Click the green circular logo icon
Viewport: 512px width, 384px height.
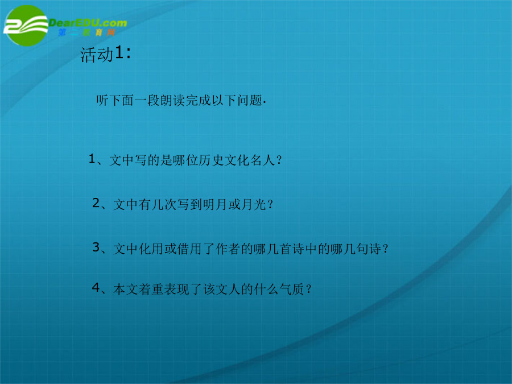click(x=26, y=26)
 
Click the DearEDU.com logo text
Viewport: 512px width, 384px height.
click(x=88, y=23)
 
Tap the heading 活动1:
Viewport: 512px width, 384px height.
click(x=106, y=54)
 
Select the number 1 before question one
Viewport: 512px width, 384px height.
click(x=92, y=159)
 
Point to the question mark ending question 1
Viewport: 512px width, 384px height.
click(x=279, y=160)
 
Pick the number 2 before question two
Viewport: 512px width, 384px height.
click(x=96, y=203)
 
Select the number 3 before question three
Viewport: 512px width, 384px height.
click(x=96, y=247)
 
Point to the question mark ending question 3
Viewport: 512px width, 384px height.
click(x=386, y=249)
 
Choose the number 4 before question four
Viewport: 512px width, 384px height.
click(x=96, y=287)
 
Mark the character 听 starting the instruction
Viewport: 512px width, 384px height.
click(x=102, y=100)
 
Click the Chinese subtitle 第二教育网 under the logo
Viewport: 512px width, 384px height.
click(x=87, y=32)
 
